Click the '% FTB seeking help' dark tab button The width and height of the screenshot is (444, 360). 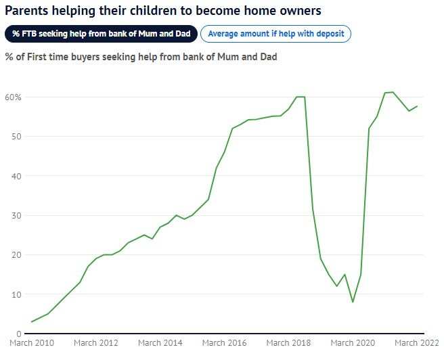[102, 34]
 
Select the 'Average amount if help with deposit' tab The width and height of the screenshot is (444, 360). [276, 34]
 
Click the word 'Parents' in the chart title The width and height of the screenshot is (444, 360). [28, 11]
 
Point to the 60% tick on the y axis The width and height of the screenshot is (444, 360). [14, 97]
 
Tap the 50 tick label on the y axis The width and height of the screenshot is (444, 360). [17, 137]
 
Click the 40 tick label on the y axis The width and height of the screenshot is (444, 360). [17, 176]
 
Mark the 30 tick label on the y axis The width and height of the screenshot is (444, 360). [17, 216]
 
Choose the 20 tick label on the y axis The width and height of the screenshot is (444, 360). [17, 255]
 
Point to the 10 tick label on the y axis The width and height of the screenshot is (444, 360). [17, 294]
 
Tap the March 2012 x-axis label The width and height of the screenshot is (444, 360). [95, 344]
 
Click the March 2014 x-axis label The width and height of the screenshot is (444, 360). [160, 344]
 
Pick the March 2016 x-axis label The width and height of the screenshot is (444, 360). [224, 344]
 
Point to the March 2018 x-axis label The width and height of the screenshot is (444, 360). [288, 344]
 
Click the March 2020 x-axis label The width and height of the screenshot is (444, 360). [353, 344]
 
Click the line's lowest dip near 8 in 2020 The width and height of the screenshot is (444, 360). [353, 302]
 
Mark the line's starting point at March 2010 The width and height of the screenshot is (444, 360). [31, 322]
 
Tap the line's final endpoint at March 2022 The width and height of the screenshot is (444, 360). [417, 106]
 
